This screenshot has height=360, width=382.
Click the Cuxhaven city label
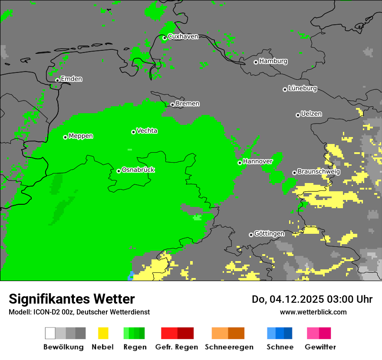coord(183,36)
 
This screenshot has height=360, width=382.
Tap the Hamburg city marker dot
coord(256,62)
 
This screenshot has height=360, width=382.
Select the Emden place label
coord(71,79)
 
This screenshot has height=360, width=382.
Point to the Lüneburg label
coord(303,88)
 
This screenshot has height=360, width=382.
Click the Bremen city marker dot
coord(172,105)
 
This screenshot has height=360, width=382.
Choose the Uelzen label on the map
coord(311,114)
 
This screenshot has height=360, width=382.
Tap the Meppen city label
coord(81,136)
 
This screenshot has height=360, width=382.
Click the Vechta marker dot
coord(133,132)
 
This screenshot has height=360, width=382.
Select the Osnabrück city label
coord(138,170)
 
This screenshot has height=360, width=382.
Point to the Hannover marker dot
coord(240,163)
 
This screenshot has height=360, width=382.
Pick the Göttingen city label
coord(269,233)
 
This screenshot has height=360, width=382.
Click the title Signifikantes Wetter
coord(72,299)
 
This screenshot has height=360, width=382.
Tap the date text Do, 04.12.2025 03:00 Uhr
coord(312,299)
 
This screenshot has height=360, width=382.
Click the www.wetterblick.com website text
coord(313,312)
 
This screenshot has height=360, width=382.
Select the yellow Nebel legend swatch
coord(103,333)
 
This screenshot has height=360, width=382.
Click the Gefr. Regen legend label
coord(177,347)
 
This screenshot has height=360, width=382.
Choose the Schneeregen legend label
coord(229,347)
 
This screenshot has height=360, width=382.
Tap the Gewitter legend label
coord(320,347)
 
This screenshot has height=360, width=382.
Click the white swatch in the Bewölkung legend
coord(50,333)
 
